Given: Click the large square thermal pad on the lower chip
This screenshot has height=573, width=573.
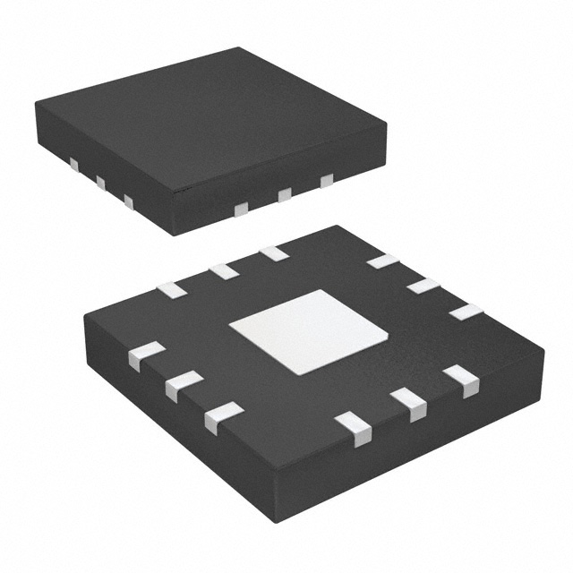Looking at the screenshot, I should coord(308,331).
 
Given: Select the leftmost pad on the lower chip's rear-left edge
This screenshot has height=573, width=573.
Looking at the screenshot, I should coord(171,289).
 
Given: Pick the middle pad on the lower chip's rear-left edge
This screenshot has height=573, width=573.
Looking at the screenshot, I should coord(223,270).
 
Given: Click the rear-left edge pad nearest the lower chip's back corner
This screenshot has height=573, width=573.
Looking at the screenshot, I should coord(274,253).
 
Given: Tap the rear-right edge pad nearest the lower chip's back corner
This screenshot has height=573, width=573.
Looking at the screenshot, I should coord(382,261).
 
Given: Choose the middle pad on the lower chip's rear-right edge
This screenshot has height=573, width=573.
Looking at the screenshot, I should coord(423,286).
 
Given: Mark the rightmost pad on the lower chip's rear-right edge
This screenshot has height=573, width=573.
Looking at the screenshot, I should coord(466,312).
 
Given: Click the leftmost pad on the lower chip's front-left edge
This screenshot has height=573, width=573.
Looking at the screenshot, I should coord(146,355).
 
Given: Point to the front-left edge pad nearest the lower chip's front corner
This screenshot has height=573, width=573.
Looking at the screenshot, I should coord(223,417).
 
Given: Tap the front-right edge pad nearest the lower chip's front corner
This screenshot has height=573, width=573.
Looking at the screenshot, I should coord(354,428).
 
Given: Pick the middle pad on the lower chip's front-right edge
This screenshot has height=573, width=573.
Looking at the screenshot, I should coord(409,403).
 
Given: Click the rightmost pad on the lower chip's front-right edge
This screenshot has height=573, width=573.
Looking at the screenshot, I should coord(461,381).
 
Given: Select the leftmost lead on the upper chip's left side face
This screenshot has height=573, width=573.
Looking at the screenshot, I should coord(74,165).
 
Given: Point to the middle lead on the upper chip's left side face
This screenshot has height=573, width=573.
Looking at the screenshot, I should coord(100,184).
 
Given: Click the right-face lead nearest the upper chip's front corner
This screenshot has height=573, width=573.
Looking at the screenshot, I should coord(240,209).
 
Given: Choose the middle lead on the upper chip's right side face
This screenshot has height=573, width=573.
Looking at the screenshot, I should coord(285,194).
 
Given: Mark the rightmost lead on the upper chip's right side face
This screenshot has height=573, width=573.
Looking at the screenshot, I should coord(327,181).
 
